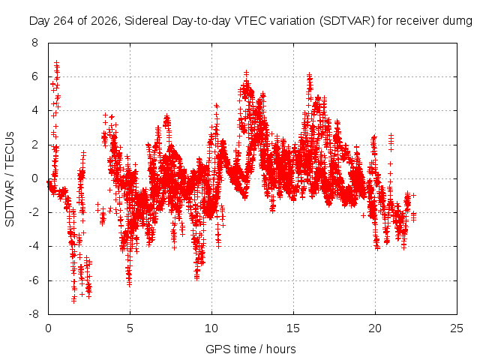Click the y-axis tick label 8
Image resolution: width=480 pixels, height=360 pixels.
(x=34, y=43)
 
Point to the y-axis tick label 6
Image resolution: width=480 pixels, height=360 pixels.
(x=34, y=76)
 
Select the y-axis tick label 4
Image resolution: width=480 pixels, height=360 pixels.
(x=34, y=110)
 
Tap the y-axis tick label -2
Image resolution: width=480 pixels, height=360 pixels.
(x=33, y=212)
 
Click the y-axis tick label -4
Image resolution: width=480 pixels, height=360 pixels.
(x=33, y=246)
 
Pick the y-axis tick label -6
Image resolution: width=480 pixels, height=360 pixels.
(x=33, y=280)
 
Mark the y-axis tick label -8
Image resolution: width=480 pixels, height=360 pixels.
(x=33, y=314)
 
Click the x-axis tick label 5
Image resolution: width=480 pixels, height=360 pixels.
(x=130, y=328)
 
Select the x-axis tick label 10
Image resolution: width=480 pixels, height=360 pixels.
(x=211, y=328)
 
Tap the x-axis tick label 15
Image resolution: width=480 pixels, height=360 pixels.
(x=293, y=328)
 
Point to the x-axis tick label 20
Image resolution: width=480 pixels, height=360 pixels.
(x=375, y=328)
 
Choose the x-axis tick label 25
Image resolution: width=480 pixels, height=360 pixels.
(x=457, y=328)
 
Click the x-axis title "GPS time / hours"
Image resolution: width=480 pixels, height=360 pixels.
(x=250, y=349)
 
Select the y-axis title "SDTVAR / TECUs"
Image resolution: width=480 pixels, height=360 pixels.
(x=10, y=179)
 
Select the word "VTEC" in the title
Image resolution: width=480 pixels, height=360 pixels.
(x=249, y=21)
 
